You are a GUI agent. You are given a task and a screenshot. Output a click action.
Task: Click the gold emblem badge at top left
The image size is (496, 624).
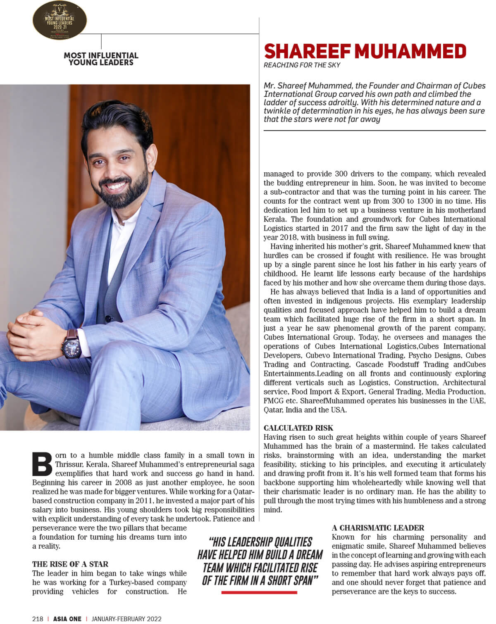[60, 20]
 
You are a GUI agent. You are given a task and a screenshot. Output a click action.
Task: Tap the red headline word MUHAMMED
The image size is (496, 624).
[410, 52]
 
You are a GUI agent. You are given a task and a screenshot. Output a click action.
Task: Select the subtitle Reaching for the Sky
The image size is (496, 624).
[302, 65]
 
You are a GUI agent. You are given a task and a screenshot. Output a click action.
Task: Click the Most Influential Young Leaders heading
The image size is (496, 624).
[101, 59]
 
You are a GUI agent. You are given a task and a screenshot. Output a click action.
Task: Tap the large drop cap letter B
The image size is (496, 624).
[42, 464]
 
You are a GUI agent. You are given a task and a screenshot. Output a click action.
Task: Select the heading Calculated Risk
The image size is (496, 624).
[298, 428]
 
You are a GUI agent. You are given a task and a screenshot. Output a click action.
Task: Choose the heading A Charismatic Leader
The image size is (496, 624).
[378, 528]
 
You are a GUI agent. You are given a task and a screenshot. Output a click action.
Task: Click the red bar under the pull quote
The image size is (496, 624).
[259, 592]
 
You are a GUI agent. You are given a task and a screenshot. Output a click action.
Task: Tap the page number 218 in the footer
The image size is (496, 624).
[38, 619]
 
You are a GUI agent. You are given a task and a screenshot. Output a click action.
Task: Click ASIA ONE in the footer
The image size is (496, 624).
[67, 619]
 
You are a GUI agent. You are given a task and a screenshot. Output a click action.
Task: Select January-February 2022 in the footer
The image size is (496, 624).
[126, 619]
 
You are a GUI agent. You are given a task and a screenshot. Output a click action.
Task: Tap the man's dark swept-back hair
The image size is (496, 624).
[118, 120]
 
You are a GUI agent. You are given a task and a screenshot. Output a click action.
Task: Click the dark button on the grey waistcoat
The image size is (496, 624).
[108, 319]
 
